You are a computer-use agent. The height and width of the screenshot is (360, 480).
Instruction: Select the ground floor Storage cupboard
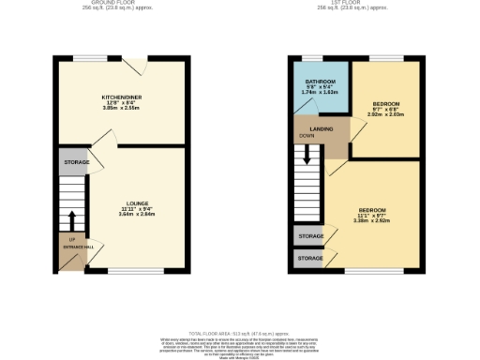[76, 162]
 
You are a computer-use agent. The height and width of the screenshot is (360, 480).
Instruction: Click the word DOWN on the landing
[307, 136]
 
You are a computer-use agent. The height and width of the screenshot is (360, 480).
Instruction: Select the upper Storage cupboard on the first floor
[310, 236]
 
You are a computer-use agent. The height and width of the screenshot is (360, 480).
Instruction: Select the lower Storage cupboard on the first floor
[310, 257]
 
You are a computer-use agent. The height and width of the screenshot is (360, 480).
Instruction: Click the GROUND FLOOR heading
[120, 3]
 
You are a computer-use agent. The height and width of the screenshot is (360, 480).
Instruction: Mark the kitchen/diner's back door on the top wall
[140, 60]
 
